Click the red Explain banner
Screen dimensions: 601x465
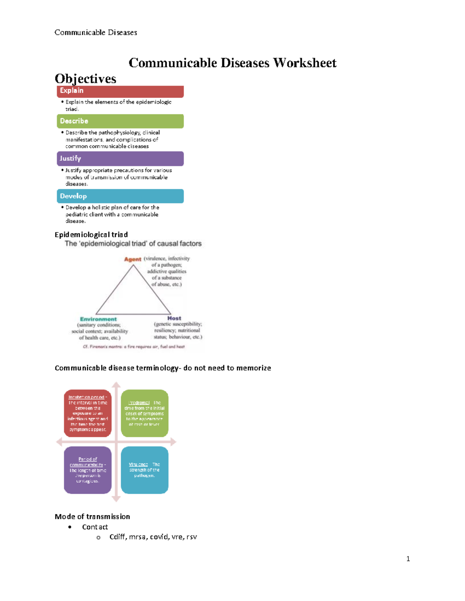pos(120,91)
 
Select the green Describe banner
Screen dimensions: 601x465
pos(120,121)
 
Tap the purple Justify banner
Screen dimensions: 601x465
pos(120,159)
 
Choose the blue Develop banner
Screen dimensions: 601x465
pos(120,196)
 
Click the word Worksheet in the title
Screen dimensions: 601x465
pos(305,63)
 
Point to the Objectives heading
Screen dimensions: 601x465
pos(86,79)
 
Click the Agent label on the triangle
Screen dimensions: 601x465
pos(133,259)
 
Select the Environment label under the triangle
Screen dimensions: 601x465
pos(98,319)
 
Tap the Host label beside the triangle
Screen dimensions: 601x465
pos(174,318)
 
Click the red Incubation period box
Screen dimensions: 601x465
pos(88,413)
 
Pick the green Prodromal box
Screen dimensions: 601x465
pos(145,413)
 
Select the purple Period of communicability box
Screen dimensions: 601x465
pos(88,470)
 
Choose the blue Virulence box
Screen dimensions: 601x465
pos(145,470)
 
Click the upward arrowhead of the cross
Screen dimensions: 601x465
pos(116,385)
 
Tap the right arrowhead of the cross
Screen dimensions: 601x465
pos(173,442)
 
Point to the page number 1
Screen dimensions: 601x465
pos(408,558)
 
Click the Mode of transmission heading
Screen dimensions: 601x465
pos(92,517)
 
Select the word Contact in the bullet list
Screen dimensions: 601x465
pos(95,527)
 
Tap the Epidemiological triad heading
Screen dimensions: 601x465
pos(91,235)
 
